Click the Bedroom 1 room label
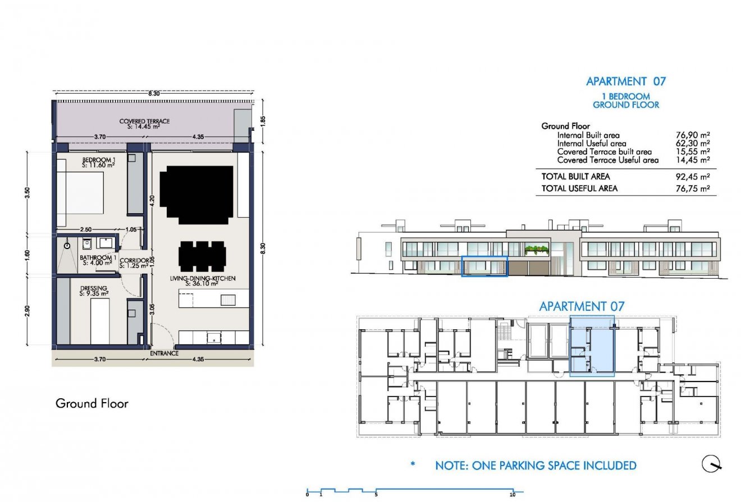pos(99,162)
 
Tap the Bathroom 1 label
pos(99,259)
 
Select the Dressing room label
pos(93,290)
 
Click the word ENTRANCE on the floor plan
pos(164,353)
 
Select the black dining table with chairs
pos(202,256)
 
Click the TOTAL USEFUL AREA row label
pos(579,188)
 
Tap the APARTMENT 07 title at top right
pos(625,81)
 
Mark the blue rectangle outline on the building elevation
pos(484,266)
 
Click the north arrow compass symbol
pos(712,464)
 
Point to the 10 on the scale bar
pos(512,495)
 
